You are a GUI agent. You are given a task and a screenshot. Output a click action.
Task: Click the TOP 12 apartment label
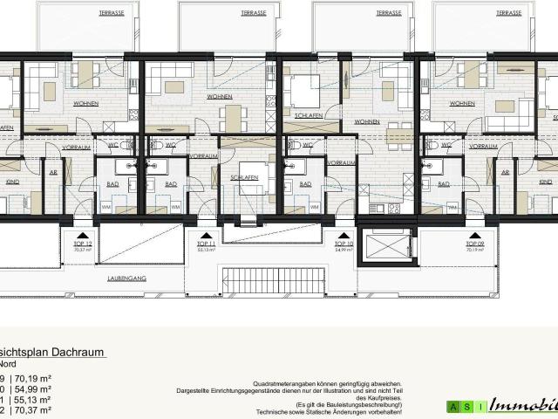(78, 246)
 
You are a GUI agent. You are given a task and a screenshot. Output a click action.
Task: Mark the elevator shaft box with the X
(384, 245)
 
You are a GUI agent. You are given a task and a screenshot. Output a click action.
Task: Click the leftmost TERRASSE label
(112, 14)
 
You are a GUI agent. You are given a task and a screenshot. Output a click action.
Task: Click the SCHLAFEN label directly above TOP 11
(245, 175)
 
